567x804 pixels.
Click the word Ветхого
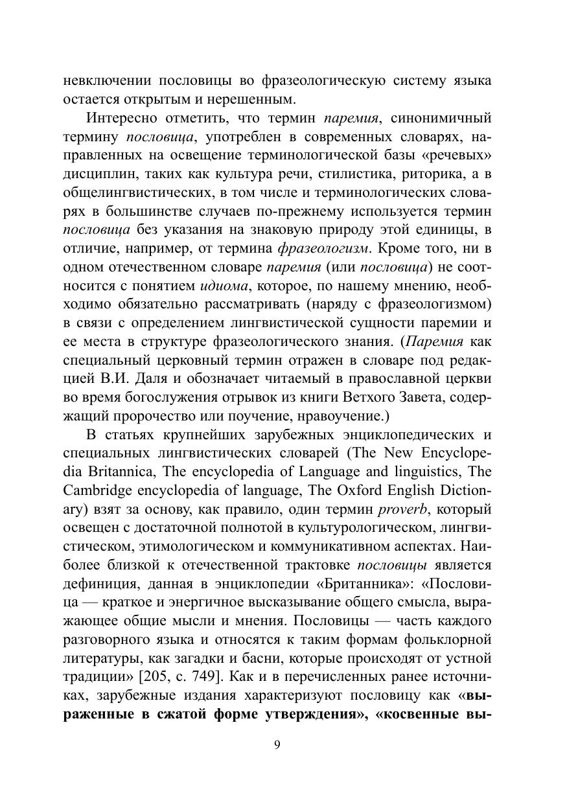point(378,395)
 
